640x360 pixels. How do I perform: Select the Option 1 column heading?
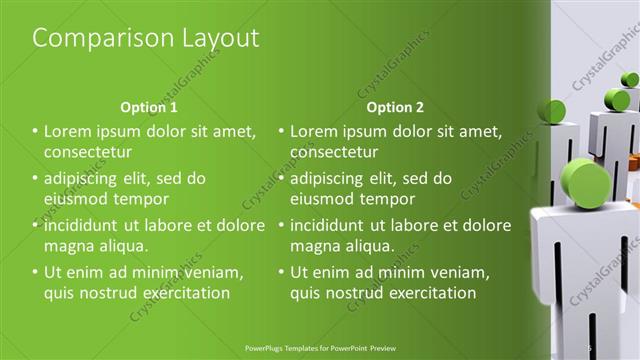coord(149,107)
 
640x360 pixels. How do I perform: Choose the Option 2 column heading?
coord(395,107)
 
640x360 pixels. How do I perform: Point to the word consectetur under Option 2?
coord(334,152)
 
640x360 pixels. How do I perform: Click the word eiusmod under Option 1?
coord(73,199)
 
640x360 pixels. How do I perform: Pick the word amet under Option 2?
coord(483,131)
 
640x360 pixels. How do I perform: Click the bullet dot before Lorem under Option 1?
coord(35,131)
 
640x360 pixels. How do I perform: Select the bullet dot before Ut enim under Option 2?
coord(281,272)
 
